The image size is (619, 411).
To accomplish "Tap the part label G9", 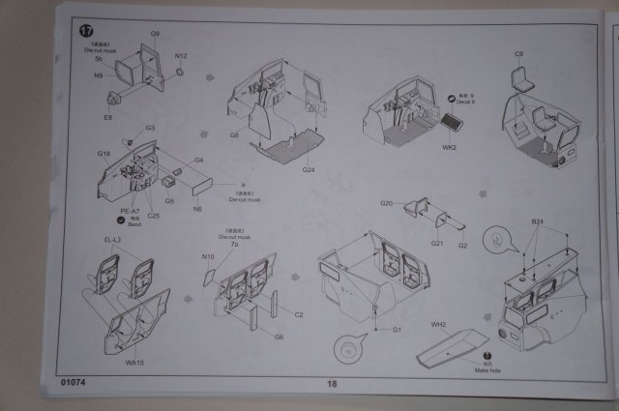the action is pos(155,35).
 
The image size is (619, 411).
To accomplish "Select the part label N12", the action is pos(181,56).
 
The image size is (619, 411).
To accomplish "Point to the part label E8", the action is pos(108,118).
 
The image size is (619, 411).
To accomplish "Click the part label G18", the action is pos(104,152).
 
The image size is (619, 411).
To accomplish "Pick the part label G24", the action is pos(309,170).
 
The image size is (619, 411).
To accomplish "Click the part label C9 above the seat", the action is pos(518,52).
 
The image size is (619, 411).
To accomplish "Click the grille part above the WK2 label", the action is pos(455,123).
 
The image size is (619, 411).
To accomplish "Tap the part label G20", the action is pos(387,204).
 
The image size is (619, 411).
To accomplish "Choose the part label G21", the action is pos(437,244).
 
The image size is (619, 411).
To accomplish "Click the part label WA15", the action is pos(134,364).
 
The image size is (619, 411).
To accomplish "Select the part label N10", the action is pos(207,257).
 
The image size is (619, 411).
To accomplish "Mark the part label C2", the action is pos(299,314).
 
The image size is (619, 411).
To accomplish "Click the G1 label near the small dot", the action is pos(397,331).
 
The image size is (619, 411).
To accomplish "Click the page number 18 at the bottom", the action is pos(330,384).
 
